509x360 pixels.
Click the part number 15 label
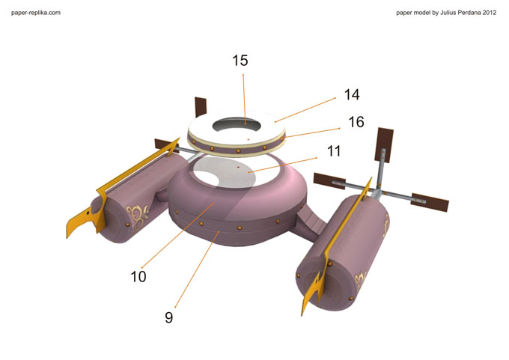(x=240, y=61)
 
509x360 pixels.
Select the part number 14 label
(x=352, y=94)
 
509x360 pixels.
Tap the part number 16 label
(x=356, y=122)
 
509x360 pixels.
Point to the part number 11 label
(x=334, y=151)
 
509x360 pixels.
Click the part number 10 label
(x=138, y=277)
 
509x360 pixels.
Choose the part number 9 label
(x=169, y=317)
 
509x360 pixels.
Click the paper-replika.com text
(x=36, y=13)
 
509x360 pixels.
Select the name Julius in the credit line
(x=449, y=13)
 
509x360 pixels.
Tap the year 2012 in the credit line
(x=490, y=13)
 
